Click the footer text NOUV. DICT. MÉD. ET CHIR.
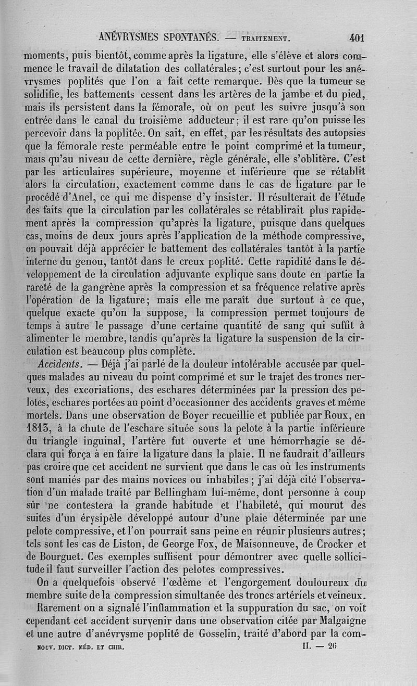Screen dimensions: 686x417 79,647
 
